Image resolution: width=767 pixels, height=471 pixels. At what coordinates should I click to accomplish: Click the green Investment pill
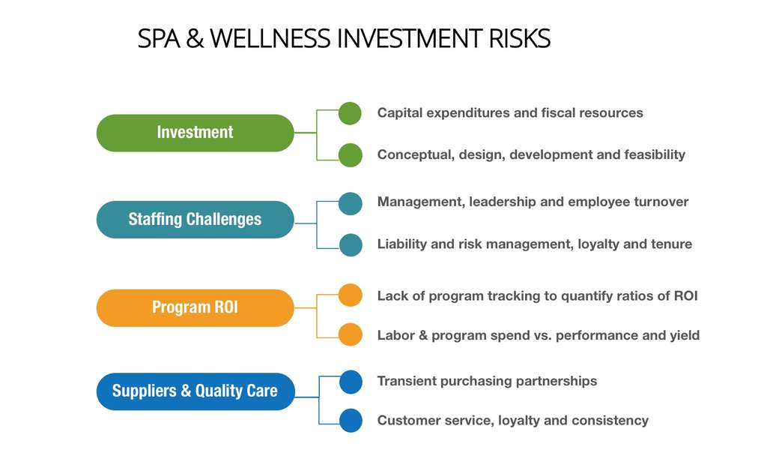(x=195, y=133)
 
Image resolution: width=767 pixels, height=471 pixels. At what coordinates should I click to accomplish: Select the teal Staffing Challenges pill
(x=195, y=219)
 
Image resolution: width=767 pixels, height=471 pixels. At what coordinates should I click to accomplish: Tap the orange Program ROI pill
(x=195, y=307)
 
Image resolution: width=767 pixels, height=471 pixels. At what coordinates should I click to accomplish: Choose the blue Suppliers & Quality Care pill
(x=195, y=391)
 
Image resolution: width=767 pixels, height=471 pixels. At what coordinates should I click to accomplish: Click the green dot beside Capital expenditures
(x=350, y=113)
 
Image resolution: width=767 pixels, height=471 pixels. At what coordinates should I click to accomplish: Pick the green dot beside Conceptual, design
(x=351, y=155)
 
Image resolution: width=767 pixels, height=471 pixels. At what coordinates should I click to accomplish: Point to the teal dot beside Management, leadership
(x=351, y=203)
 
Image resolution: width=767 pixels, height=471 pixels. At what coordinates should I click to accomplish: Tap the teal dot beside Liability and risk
(x=351, y=244)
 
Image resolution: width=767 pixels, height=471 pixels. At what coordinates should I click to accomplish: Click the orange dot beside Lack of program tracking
(x=351, y=295)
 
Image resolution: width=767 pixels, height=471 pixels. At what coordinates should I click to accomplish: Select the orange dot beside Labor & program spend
(x=351, y=334)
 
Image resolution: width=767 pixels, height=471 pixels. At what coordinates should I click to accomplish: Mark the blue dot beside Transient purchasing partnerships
(x=351, y=382)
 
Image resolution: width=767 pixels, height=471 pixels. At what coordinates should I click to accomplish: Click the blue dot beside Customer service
(x=351, y=421)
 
